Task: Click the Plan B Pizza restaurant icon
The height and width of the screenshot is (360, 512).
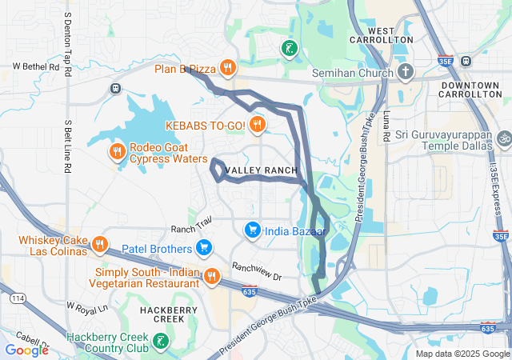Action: pos(228,68)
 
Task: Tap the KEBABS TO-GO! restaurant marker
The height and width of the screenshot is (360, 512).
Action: pos(257,124)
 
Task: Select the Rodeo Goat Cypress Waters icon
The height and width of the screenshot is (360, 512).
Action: pos(117,150)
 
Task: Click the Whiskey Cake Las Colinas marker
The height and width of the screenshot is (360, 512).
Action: pos(100,244)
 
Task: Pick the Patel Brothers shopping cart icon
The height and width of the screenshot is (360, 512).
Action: pos(204,249)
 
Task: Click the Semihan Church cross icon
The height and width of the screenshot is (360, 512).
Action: pos(406,73)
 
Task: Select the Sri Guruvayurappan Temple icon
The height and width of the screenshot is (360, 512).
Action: pos(502,137)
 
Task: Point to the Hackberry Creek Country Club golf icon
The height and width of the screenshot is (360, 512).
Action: pos(161,342)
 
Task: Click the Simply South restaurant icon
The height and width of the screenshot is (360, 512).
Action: pos(211,277)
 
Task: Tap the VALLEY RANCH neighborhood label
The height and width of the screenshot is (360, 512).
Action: pos(261,171)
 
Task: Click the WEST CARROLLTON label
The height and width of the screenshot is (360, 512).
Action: pos(381,34)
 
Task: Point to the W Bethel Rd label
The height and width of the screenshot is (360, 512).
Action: pos(36,67)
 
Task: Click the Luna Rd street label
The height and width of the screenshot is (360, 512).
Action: pos(386,126)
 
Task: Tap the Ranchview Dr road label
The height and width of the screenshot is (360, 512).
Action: pos(257,271)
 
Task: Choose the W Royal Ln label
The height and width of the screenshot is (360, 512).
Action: pos(86,306)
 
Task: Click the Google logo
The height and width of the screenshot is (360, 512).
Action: pos(26,350)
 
